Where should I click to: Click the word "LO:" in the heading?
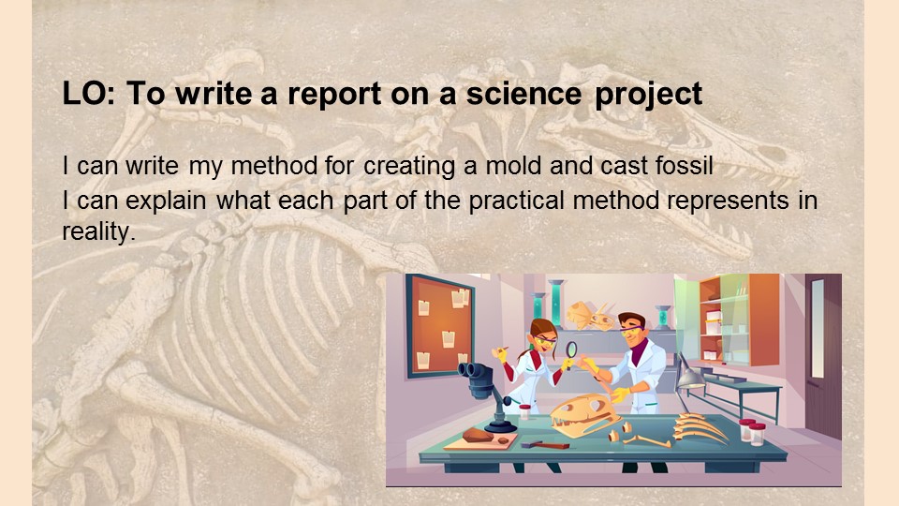[x=88, y=93]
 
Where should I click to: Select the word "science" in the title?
[x=523, y=93]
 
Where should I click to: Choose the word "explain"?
[x=165, y=201]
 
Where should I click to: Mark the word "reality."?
[x=98, y=232]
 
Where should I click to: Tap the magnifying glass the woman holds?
[x=571, y=351]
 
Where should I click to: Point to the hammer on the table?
[x=545, y=444]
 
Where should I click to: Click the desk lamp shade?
[x=691, y=378]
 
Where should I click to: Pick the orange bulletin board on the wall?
[x=440, y=326]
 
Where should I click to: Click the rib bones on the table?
[x=700, y=428]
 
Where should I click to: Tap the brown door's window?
[x=818, y=328]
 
